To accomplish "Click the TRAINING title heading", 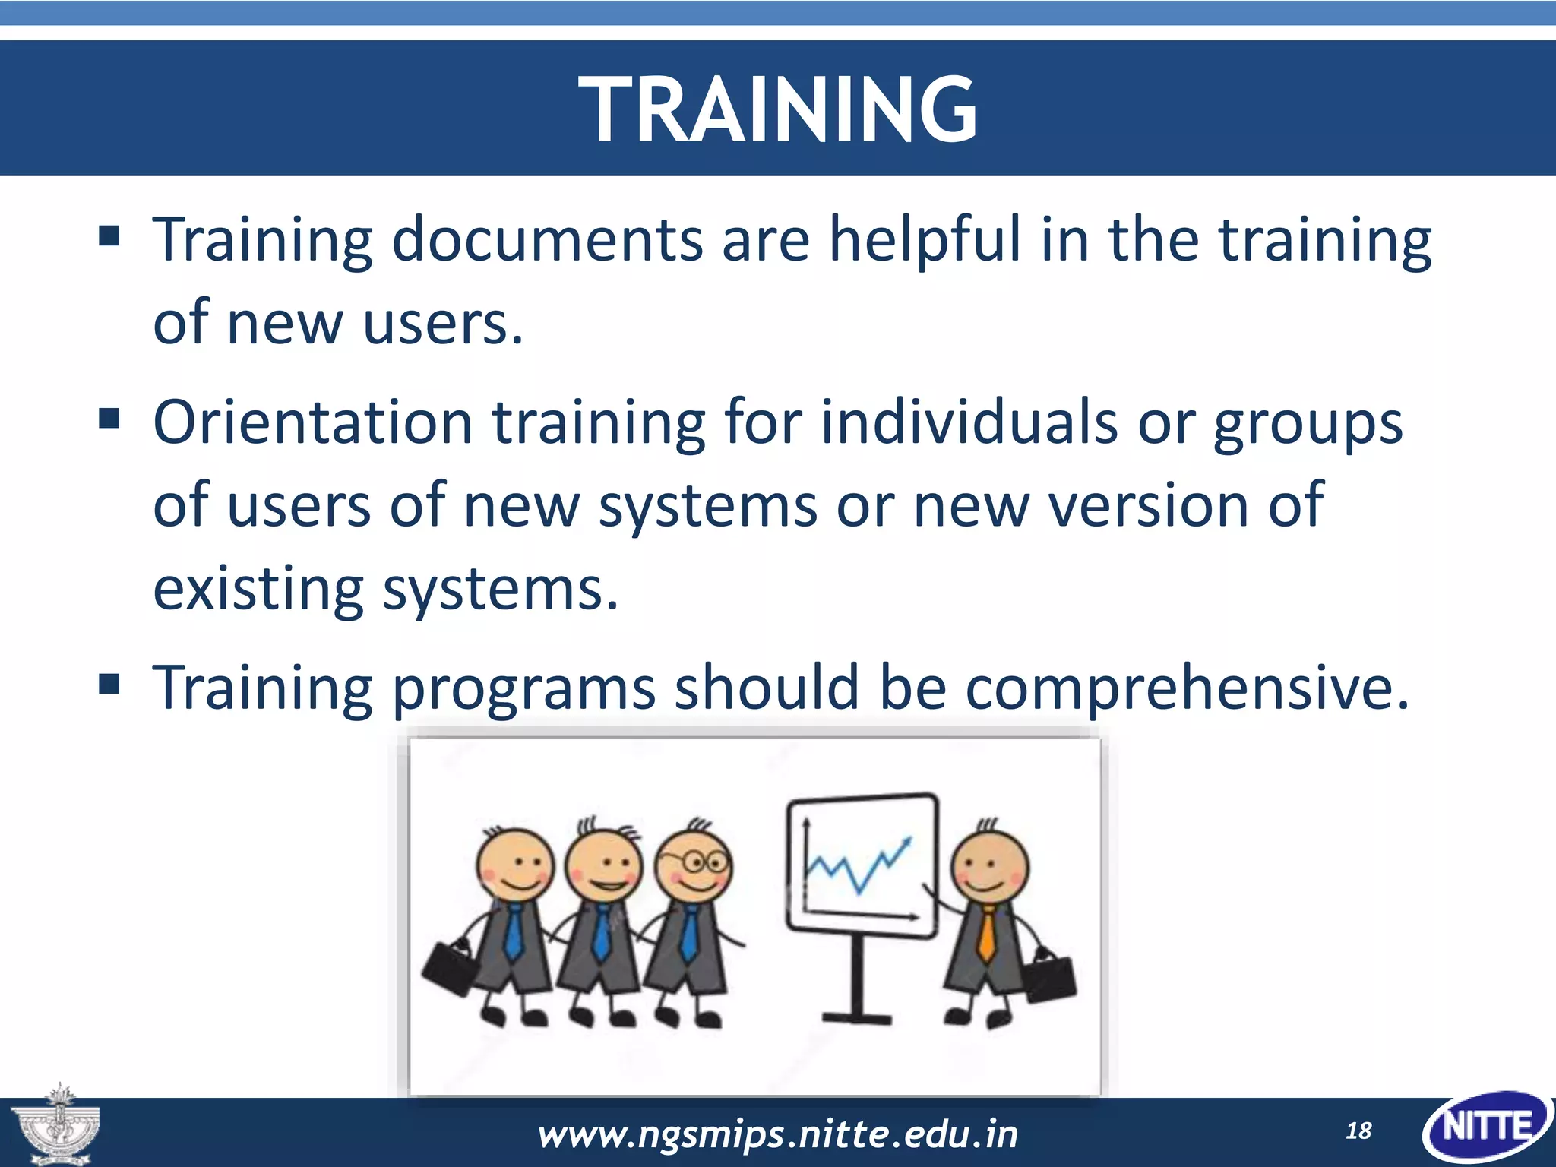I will point(777,109).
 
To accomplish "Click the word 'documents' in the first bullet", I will point(547,239).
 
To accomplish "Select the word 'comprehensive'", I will point(1185,688).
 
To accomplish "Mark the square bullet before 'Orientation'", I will point(109,418).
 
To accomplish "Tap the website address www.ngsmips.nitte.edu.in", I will point(777,1134).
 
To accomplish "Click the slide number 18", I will point(1358,1131).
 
